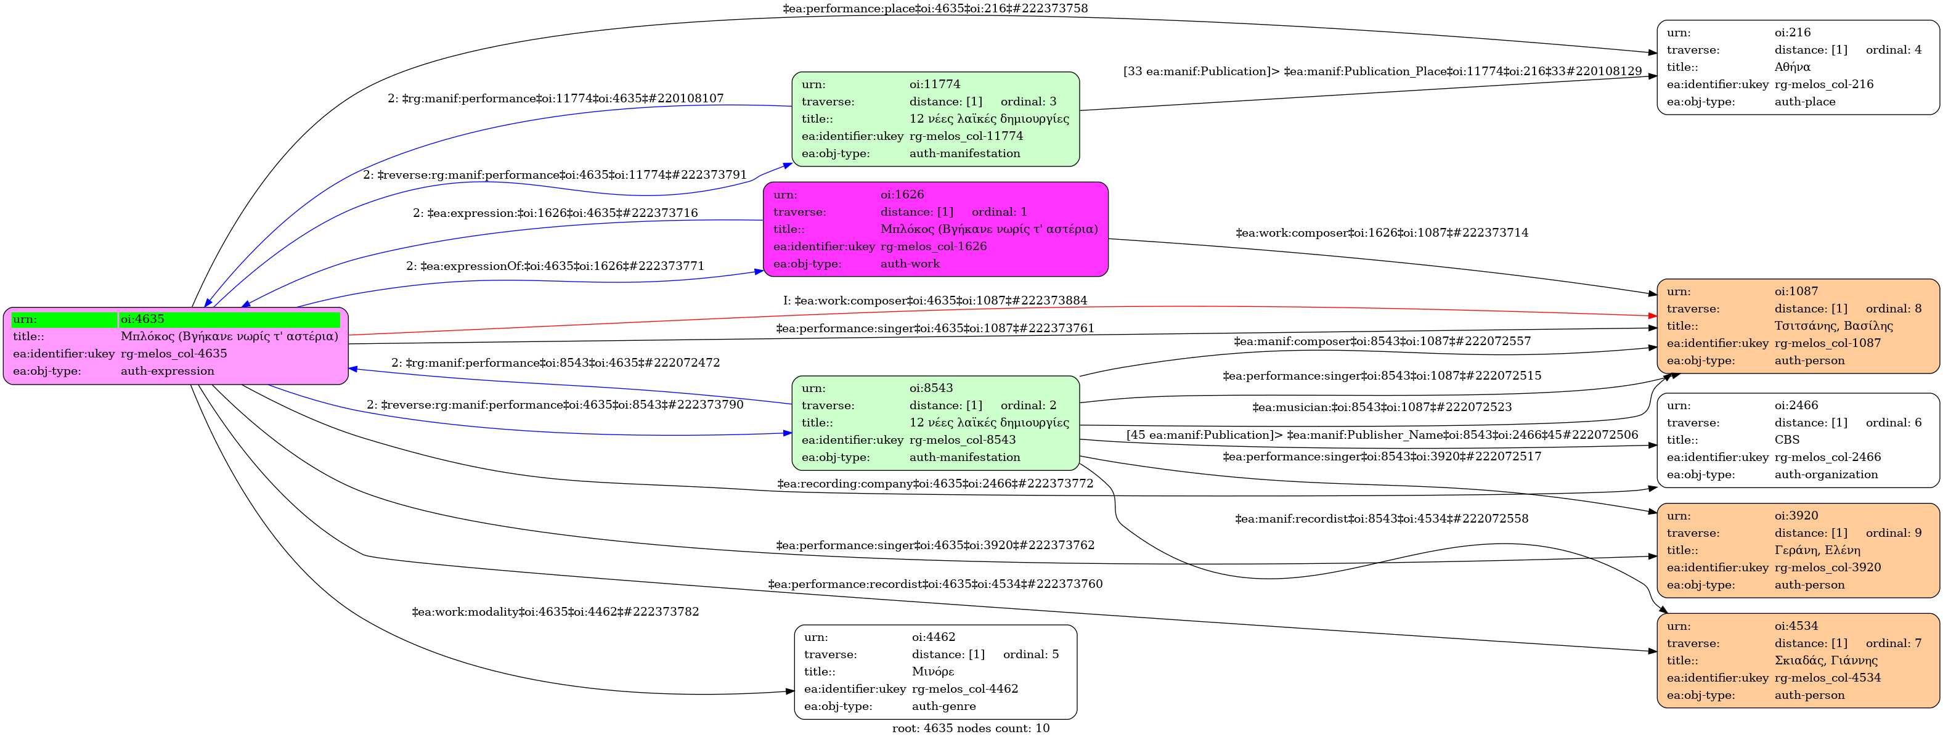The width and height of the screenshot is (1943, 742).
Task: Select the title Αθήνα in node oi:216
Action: click(1792, 67)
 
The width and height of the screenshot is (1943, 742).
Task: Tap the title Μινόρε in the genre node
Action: click(932, 672)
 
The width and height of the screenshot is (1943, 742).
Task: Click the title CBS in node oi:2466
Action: click(1787, 439)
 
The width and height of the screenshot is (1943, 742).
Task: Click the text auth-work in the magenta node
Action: click(910, 264)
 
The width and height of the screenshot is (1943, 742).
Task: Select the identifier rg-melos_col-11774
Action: click(966, 136)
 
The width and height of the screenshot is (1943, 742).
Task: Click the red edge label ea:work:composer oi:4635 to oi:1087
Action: click(935, 301)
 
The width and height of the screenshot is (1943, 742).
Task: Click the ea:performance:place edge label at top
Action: click(935, 9)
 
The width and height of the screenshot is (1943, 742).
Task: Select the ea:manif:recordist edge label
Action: click(1381, 519)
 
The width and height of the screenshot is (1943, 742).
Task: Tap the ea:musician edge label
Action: click(1382, 408)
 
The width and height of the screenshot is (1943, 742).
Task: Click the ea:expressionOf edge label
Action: click(555, 266)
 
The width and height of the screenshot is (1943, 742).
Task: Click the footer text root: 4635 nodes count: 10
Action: click(971, 728)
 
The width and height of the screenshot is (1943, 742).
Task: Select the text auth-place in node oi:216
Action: click(1805, 102)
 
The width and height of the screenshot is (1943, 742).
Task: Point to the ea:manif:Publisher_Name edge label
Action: click(1382, 435)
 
